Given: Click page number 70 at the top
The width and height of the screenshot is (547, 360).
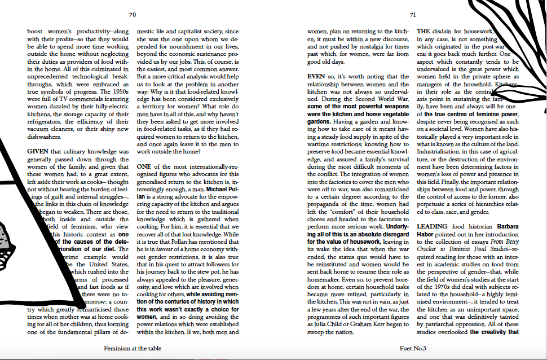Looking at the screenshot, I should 133,15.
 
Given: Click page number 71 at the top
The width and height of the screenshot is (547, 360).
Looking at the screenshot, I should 413,15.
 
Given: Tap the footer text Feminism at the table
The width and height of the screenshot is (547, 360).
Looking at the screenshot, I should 133,348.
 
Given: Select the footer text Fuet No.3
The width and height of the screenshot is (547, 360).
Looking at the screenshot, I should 413,348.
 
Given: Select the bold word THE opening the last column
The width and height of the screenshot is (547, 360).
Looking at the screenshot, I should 424,31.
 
